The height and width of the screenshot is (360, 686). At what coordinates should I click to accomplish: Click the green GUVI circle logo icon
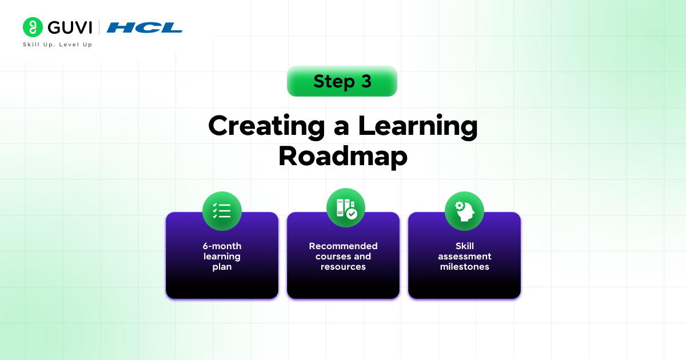(33, 27)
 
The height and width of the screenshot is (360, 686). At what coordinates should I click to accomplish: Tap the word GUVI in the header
(70, 27)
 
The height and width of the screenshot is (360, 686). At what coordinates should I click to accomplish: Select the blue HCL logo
(144, 27)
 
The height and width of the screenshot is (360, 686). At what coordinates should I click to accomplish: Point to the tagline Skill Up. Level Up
(58, 45)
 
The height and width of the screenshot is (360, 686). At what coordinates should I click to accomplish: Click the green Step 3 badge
(342, 81)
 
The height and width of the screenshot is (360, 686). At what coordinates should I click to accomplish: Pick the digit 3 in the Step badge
(366, 81)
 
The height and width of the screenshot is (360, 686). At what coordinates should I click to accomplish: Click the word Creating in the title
(266, 126)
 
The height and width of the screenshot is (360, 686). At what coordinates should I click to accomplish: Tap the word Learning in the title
(418, 126)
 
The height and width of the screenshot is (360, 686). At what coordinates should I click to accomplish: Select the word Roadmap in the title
(342, 157)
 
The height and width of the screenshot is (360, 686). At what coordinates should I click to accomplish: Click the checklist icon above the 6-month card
(222, 211)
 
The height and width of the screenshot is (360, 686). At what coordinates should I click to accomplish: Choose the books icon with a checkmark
(346, 207)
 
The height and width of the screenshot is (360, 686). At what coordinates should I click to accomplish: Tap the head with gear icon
(464, 211)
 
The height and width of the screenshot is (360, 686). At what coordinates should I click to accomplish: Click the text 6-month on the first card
(222, 246)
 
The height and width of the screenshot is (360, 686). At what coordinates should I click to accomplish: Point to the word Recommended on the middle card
(344, 246)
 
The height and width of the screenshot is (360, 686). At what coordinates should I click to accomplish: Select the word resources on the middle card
(344, 267)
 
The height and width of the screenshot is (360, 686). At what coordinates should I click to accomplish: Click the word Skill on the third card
(465, 246)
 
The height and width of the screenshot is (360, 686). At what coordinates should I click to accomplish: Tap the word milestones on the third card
(465, 266)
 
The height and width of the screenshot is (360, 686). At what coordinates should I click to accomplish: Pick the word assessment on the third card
(465, 256)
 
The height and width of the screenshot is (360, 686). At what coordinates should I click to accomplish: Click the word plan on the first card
(222, 267)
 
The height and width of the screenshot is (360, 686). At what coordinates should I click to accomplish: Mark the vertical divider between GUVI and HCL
(99, 27)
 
